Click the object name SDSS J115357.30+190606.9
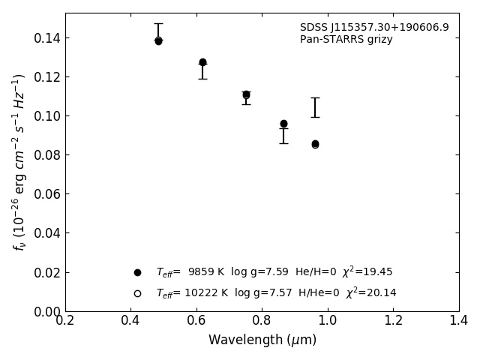point(374,28)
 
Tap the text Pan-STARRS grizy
point(346,40)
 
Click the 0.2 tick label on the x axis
point(65,321)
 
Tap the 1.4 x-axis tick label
point(459,321)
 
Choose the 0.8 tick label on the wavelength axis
point(262,321)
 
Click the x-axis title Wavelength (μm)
point(262,340)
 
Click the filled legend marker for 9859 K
point(137,272)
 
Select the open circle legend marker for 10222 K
point(137,293)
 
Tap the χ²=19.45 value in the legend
point(367,272)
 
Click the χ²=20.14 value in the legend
point(371,293)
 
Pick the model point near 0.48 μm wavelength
point(158,40)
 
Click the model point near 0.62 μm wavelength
point(202,62)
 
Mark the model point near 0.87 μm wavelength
point(283,124)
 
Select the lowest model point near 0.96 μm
point(315,144)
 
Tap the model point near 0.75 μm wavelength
point(246,94)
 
